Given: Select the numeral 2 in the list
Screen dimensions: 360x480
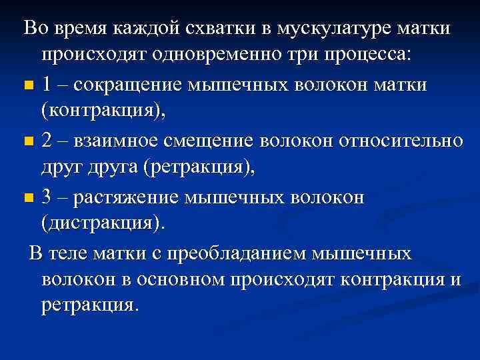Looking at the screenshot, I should click(x=46, y=141).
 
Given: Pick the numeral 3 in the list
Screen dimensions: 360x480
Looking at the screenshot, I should click(x=46, y=197).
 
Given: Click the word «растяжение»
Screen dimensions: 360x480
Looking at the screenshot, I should click(x=127, y=197).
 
